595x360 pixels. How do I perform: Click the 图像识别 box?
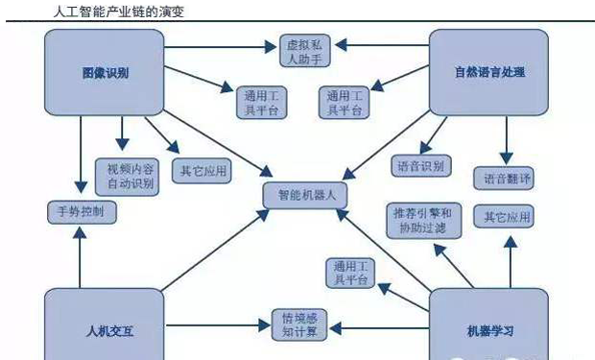tap(105, 73)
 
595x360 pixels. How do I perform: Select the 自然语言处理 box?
tap(488, 73)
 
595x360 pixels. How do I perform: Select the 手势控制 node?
tap(83, 211)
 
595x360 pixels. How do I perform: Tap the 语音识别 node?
tap(419, 166)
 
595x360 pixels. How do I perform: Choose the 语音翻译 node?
tap(503, 179)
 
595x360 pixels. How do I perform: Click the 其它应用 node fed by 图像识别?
tap(202, 172)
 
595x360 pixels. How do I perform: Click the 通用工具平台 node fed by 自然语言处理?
tap(345, 103)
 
